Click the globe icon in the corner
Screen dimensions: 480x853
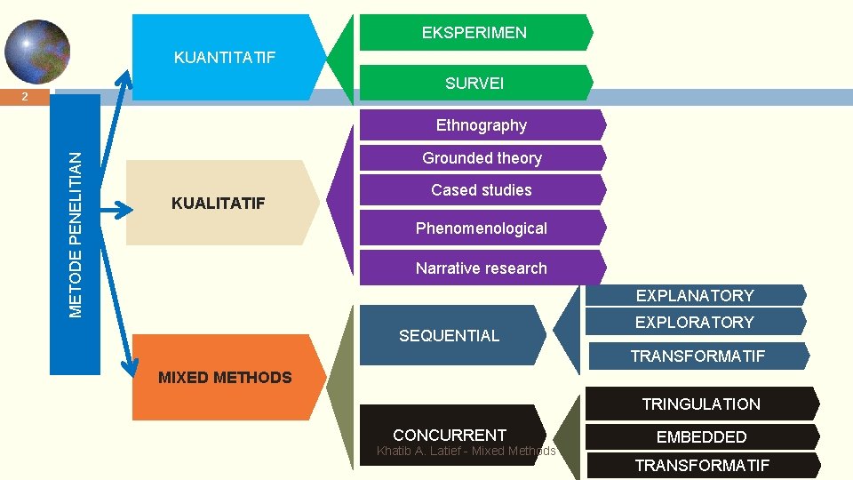coord(36,51)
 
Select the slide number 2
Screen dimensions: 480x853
coord(26,97)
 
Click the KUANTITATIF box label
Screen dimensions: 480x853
coord(225,58)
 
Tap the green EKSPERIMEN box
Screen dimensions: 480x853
coord(474,33)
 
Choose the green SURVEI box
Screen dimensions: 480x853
coord(474,83)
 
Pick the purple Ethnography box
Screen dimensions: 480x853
coord(482,125)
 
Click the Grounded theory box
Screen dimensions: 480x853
coord(482,158)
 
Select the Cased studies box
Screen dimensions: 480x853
coord(482,190)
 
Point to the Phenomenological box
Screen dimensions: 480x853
coord(482,228)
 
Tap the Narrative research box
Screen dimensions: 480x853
coord(482,268)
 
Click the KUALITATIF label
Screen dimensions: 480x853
coord(219,204)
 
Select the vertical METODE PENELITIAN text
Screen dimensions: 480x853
coord(76,234)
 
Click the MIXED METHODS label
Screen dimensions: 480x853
coord(225,378)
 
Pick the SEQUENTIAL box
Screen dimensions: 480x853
coord(450,335)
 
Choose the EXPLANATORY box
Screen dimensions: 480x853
coord(694,295)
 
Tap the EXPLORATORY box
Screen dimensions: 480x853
coord(694,322)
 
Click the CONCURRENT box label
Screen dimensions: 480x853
coord(450,435)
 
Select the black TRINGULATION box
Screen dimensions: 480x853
coord(701,404)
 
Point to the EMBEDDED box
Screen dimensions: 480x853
coord(701,436)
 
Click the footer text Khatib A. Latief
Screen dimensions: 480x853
coord(466,452)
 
